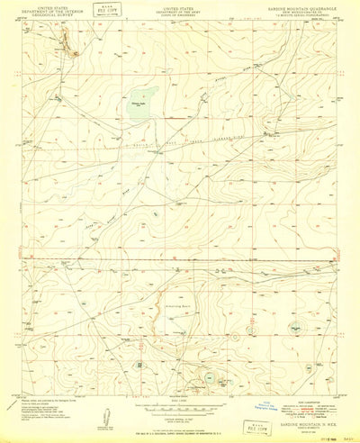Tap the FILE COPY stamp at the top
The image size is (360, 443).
click(110, 13)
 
